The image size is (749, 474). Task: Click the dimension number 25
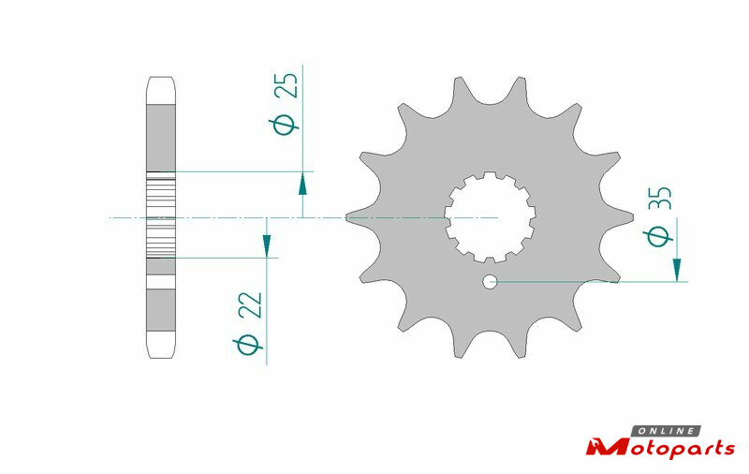(x=286, y=85)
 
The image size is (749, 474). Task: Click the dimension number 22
(x=250, y=304)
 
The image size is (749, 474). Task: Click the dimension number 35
(x=660, y=198)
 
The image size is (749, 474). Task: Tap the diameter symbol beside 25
(x=284, y=125)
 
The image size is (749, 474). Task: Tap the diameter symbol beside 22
(x=247, y=345)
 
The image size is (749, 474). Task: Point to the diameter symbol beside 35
(x=658, y=236)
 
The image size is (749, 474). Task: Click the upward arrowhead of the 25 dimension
(x=302, y=184)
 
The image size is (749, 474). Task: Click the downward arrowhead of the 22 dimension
(x=267, y=244)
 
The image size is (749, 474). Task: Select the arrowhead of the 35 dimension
(x=677, y=270)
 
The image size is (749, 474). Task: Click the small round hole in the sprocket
(x=490, y=282)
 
